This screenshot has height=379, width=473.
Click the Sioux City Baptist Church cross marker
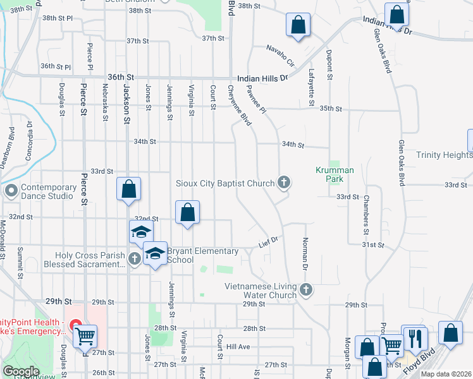point(285,183)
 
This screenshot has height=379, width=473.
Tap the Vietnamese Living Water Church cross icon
point(306,291)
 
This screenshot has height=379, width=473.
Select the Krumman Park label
point(335,174)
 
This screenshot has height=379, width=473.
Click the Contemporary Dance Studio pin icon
point(11,190)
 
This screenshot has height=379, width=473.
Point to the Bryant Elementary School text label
point(202,255)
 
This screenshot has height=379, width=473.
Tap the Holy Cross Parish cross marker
point(134,258)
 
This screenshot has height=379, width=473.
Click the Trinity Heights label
point(444,155)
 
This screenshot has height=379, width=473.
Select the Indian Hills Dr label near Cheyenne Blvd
point(262,78)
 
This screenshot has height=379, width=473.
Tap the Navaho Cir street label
point(280,54)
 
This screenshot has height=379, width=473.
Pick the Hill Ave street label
point(238,347)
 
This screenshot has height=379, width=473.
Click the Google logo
point(21,371)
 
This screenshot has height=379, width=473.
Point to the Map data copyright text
point(446,374)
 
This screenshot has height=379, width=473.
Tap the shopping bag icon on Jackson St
point(128,189)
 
